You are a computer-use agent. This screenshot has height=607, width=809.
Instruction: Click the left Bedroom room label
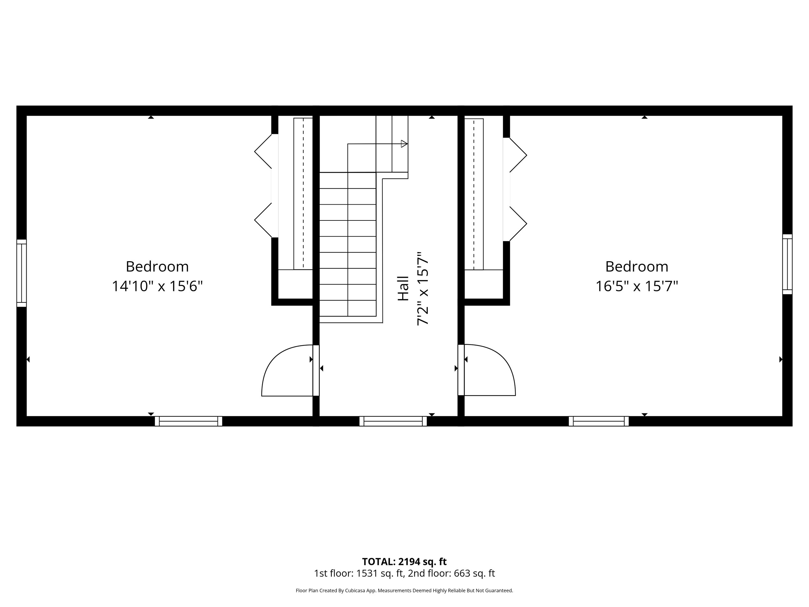point(157,266)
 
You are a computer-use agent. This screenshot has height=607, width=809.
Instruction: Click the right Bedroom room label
point(637,266)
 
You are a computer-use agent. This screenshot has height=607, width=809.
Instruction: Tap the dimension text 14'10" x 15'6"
point(157,286)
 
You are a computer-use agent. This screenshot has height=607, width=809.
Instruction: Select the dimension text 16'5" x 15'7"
point(637,286)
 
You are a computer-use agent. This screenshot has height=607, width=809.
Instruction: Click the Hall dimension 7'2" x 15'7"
point(422,289)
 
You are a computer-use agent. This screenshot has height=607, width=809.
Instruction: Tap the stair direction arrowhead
point(404,144)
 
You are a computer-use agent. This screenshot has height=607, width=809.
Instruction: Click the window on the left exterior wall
point(22,273)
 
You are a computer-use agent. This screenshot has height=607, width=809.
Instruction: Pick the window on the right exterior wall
point(787,264)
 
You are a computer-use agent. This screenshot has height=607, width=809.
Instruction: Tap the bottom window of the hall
point(393,421)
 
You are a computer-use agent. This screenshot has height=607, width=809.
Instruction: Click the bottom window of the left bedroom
point(188,421)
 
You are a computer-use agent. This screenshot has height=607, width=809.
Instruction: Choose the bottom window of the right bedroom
point(599,421)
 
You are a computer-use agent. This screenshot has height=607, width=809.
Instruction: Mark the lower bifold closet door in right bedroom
point(518,224)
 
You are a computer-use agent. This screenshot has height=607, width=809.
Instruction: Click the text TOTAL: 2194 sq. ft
point(404,562)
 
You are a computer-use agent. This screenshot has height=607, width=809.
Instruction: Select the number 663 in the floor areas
point(461,573)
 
